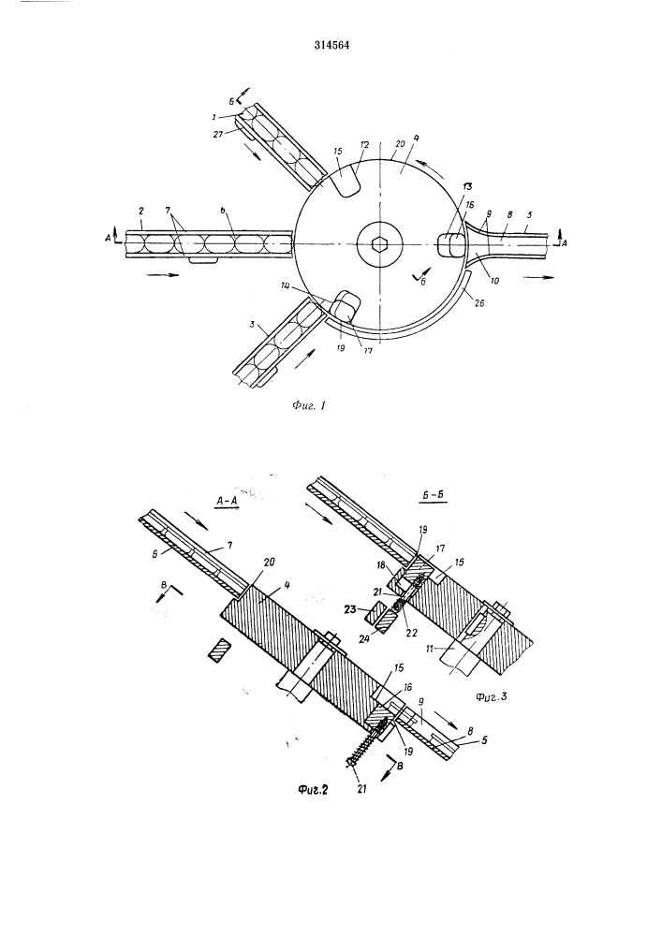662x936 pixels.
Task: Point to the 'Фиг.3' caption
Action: pos(491,696)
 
